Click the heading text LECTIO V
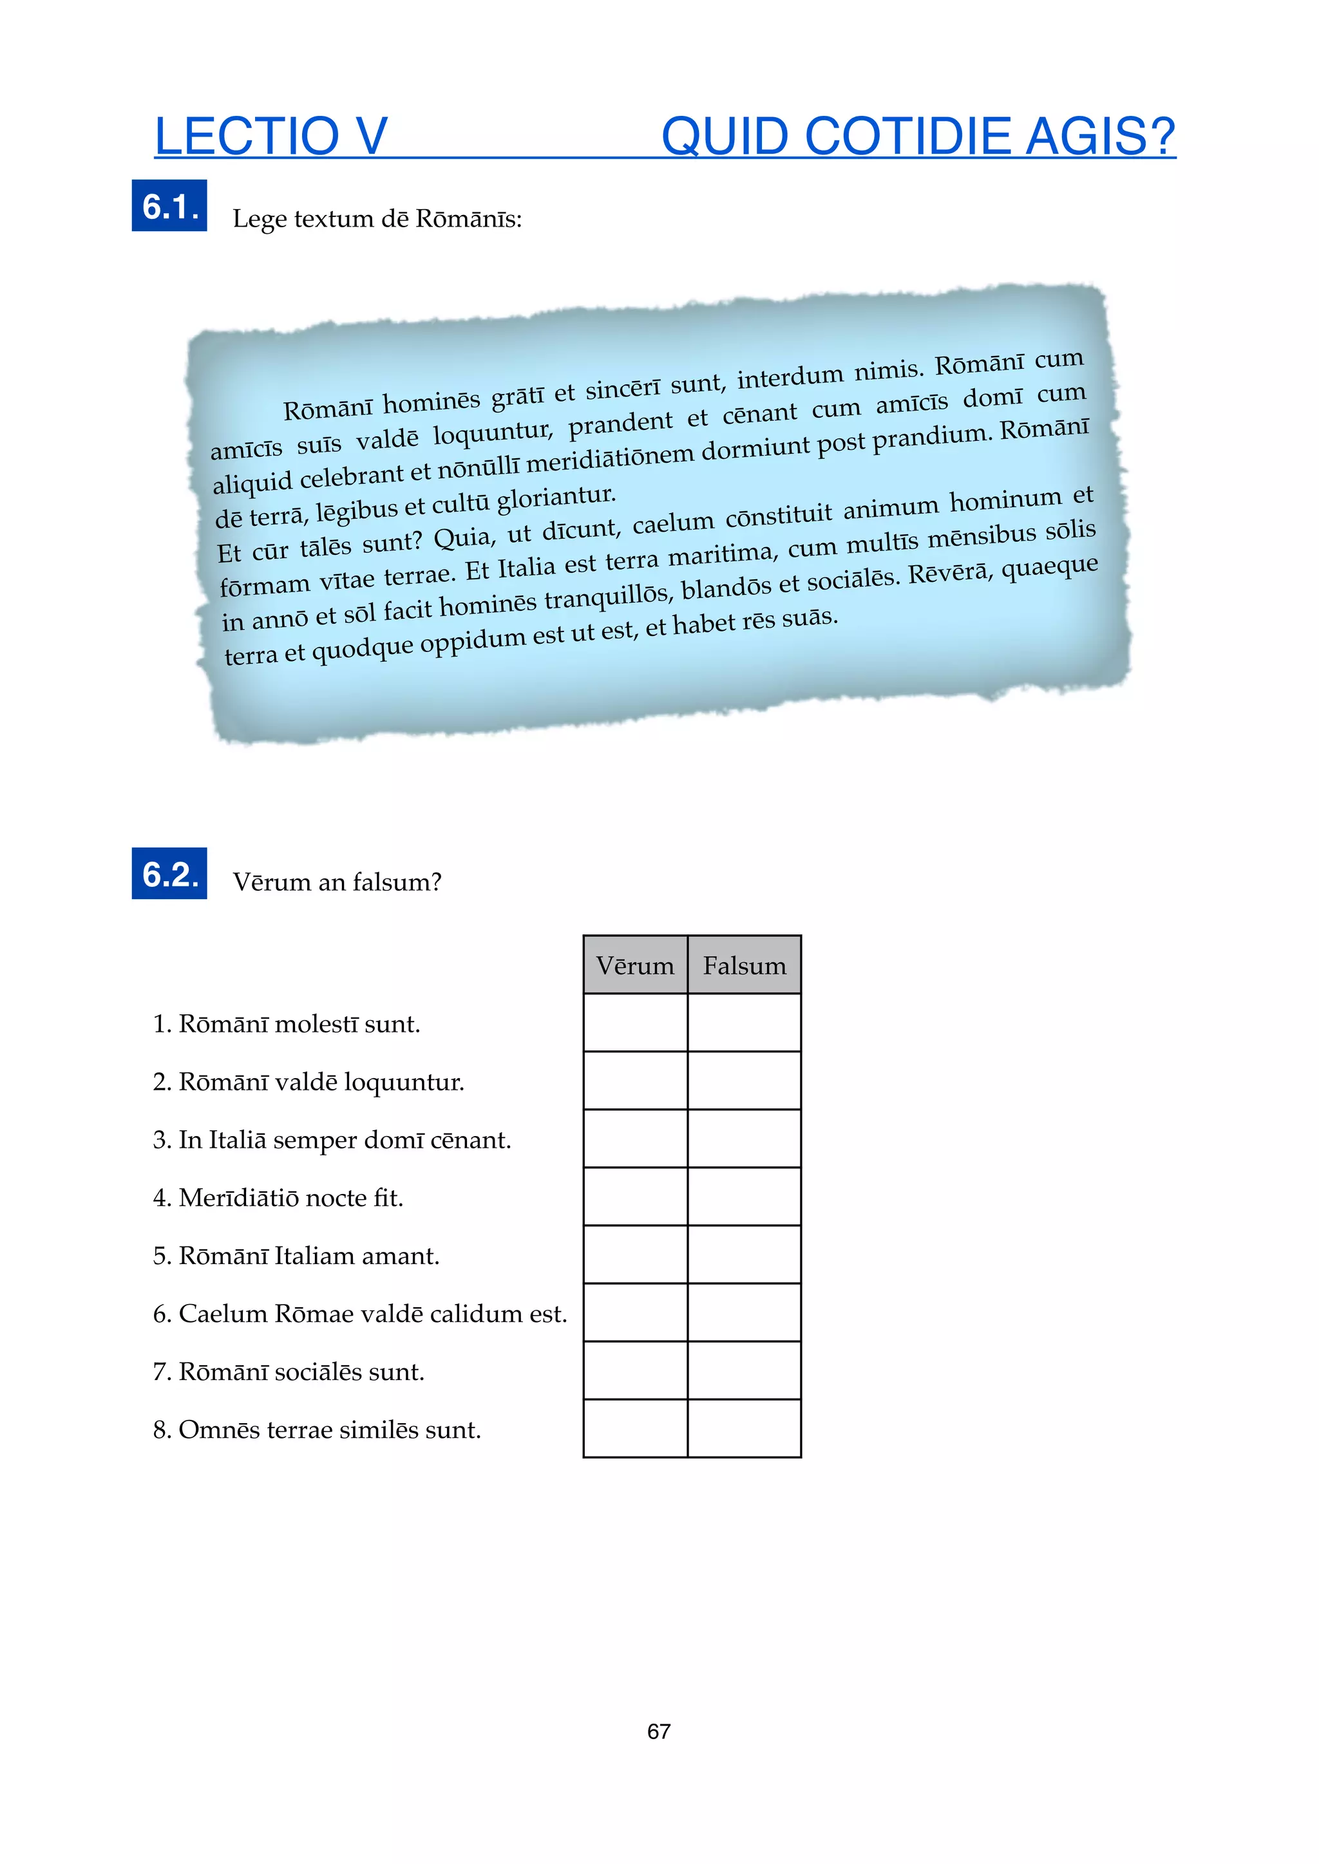(x=270, y=136)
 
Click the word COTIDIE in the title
(x=906, y=136)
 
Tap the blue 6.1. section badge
(x=169, y=206)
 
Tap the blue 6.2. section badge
(x=169, y=873)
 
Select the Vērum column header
(x=635, y=965)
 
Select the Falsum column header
(x=744, y=965)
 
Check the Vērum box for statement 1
(x=635, y=1023)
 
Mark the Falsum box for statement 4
(x=744, y=1197)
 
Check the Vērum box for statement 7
(x=635, y=1370)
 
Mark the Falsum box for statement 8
(x=744, y=1429)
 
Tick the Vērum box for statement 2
(x=635, y=1081)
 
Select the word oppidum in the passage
(x=472, y=640)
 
